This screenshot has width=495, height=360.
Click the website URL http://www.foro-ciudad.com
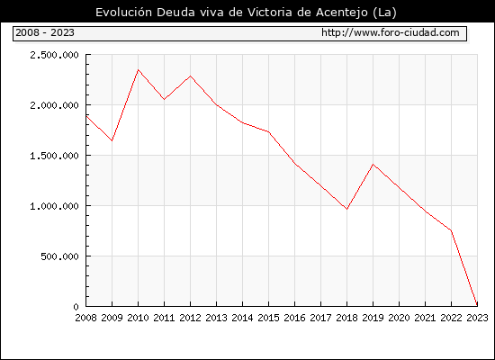point(391,32)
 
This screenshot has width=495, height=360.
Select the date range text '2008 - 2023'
point(45,32)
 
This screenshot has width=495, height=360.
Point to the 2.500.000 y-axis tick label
point(54,55)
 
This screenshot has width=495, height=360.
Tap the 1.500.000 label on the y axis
point(54,156)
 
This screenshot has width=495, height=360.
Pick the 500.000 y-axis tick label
point(59,256)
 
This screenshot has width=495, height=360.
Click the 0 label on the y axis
point(76,307)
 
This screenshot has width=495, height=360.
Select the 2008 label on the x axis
point(85,318)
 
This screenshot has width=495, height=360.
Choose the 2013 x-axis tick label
point(216,318)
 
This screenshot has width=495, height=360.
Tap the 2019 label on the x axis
point(373,318)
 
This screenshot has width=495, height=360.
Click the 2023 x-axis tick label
point(477,318)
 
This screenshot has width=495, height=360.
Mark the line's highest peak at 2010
point(138,70)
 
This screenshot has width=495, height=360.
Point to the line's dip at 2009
point(112,140)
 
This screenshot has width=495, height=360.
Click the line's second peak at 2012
point(191,76)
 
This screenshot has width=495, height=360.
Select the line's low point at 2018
point(346,209)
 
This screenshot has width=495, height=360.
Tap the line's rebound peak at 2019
point(373,164)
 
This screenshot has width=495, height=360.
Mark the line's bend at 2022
point(451,230)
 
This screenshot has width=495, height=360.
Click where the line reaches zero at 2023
point(477,305)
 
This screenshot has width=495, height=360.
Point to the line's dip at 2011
point(164,100)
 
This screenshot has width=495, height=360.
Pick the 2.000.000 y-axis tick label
point(54,105)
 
